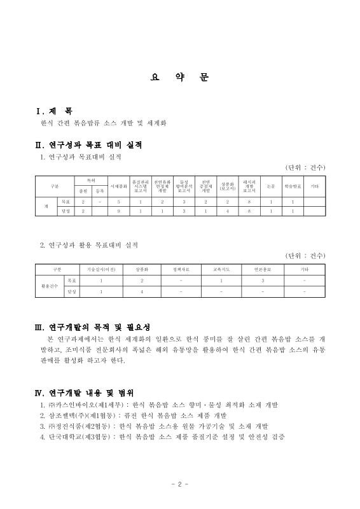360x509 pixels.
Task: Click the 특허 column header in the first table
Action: pyautogui.click(x=90, y=180)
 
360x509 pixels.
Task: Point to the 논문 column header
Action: pyautogui.click(x=271, y=185)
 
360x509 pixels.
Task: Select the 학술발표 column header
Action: pyautogui.click(x=292, y=185)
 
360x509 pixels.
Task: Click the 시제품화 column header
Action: pyautogui.click(x=119, y=185)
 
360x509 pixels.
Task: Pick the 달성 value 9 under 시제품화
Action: pyautogui.click(x=119, y=210)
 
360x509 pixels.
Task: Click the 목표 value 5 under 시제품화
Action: pyautogui.click(x=119, y=200)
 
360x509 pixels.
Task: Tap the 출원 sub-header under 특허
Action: pyautogui.click(x=83, y=190)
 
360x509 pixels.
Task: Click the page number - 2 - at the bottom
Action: pyautogui.click(x=180, y=484)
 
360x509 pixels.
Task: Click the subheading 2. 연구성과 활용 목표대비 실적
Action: pyautogui.click(x=88, y=244)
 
